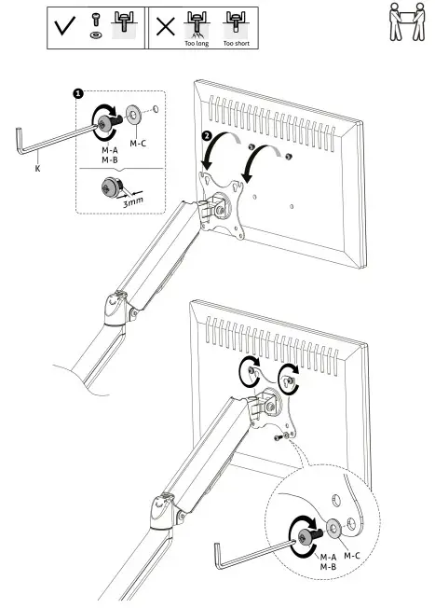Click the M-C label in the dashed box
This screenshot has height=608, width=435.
click(138, 144)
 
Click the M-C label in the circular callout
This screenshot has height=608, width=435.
click(352, 556)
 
